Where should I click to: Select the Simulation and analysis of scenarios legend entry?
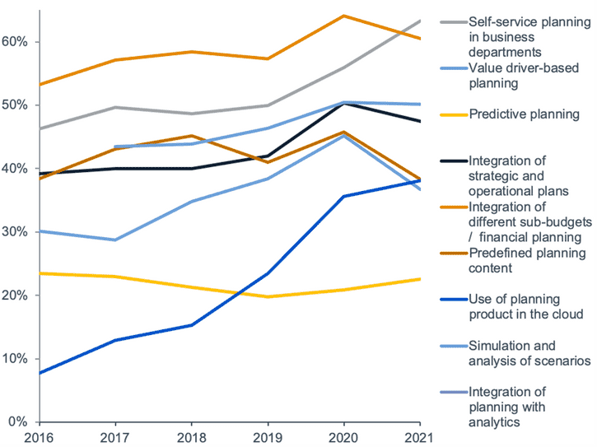pyautogui.click(x=523, y=352)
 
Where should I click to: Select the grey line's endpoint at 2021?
pyautogui.click(x=421, y=21)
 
